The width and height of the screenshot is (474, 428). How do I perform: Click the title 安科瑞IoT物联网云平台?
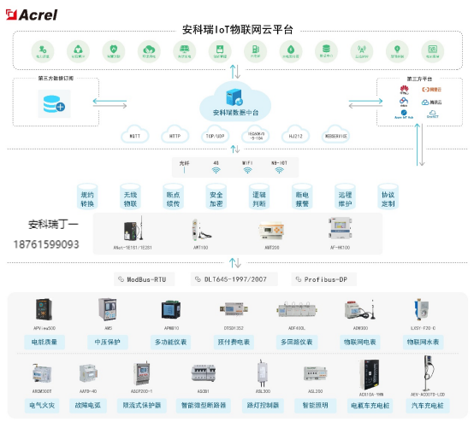(238, 28)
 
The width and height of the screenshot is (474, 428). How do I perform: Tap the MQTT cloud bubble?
(134, 135)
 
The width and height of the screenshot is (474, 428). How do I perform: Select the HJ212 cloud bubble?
(296, 135)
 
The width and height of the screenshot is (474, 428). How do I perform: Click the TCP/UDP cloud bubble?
(215, 135)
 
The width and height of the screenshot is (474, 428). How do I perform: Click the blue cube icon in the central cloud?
(232, 96)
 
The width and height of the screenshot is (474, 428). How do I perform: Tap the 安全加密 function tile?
(216, 199)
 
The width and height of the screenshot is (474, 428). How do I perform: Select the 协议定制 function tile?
(388, 199)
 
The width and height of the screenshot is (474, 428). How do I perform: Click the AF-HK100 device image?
(341, 229)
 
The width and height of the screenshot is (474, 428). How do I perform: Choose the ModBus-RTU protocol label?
(146, 278)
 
